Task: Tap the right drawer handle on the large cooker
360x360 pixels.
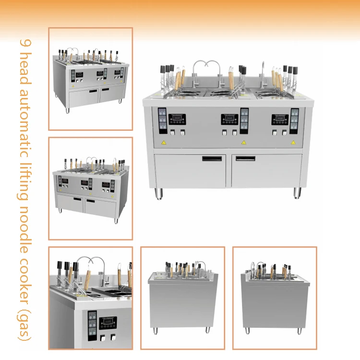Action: click(x=246, y=158)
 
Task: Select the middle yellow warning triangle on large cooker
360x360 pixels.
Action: click(x=243, y=142)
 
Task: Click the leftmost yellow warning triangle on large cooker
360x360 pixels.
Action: click(x=164, y=143)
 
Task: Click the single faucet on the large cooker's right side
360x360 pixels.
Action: click(x=264, y=72)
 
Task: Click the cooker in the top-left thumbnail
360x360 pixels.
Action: click(x=90, y=79)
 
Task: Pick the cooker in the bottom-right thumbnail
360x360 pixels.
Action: click(x=275, y=298)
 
